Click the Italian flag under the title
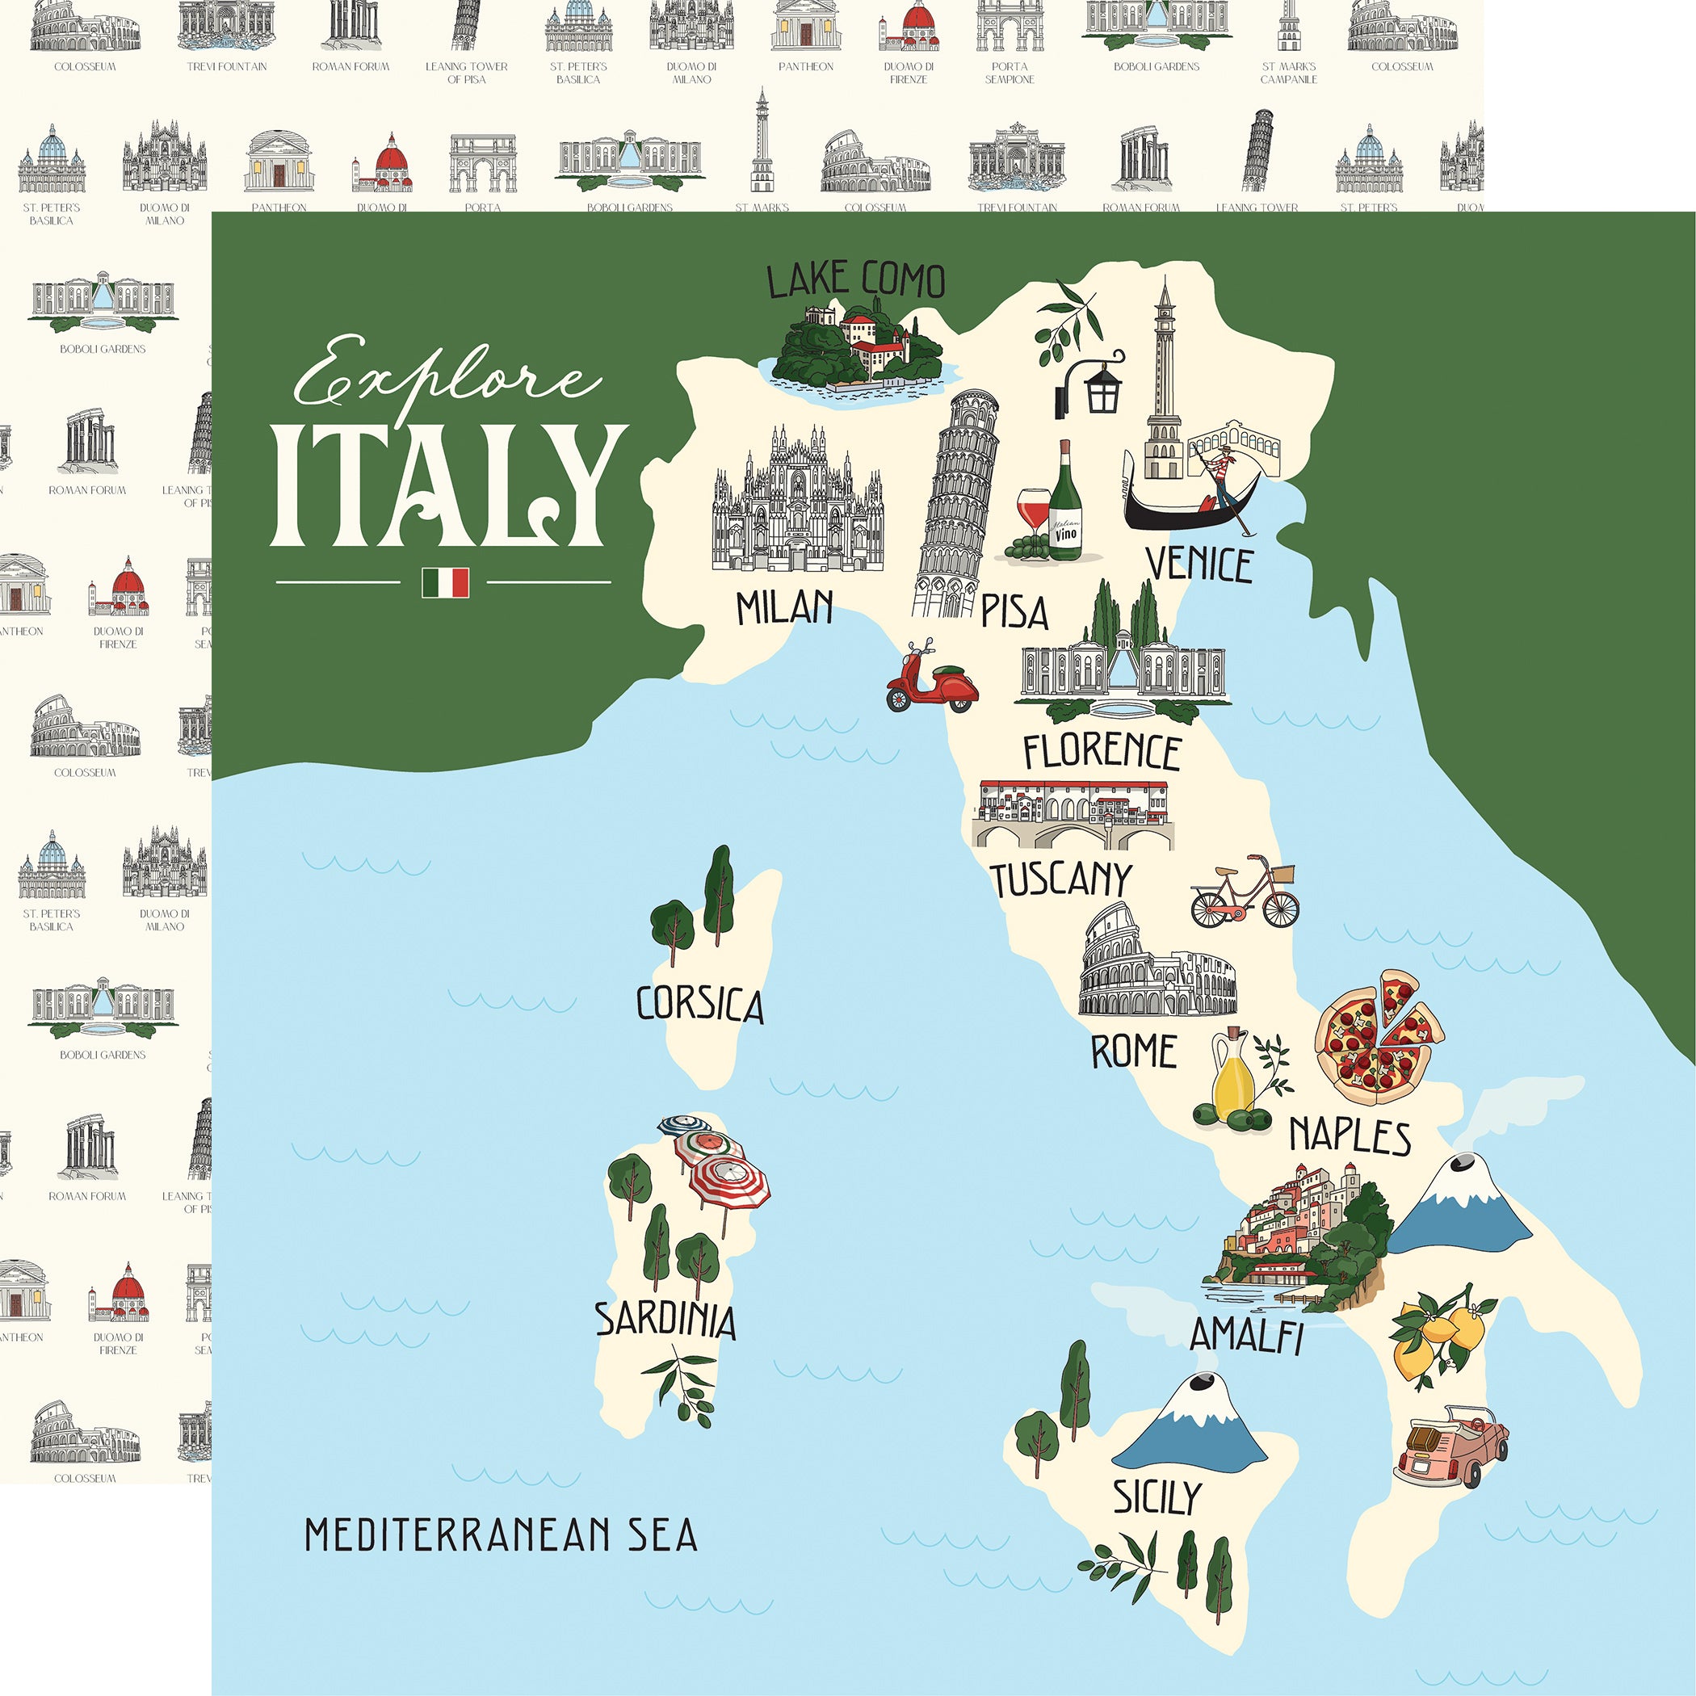[x=445, y=583]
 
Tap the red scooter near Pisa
[x=931, y=679]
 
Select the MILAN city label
[x=784, y=607]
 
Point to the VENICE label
[x=1199, y=565]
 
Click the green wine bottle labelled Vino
[x=1064, y=505]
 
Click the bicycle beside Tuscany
[x=1245, y=895]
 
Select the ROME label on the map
[x=1133, y=1052]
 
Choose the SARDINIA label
[x=665, y=1320]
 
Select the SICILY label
[x=1157, y=1497]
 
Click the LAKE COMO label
[x=856, y=280]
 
